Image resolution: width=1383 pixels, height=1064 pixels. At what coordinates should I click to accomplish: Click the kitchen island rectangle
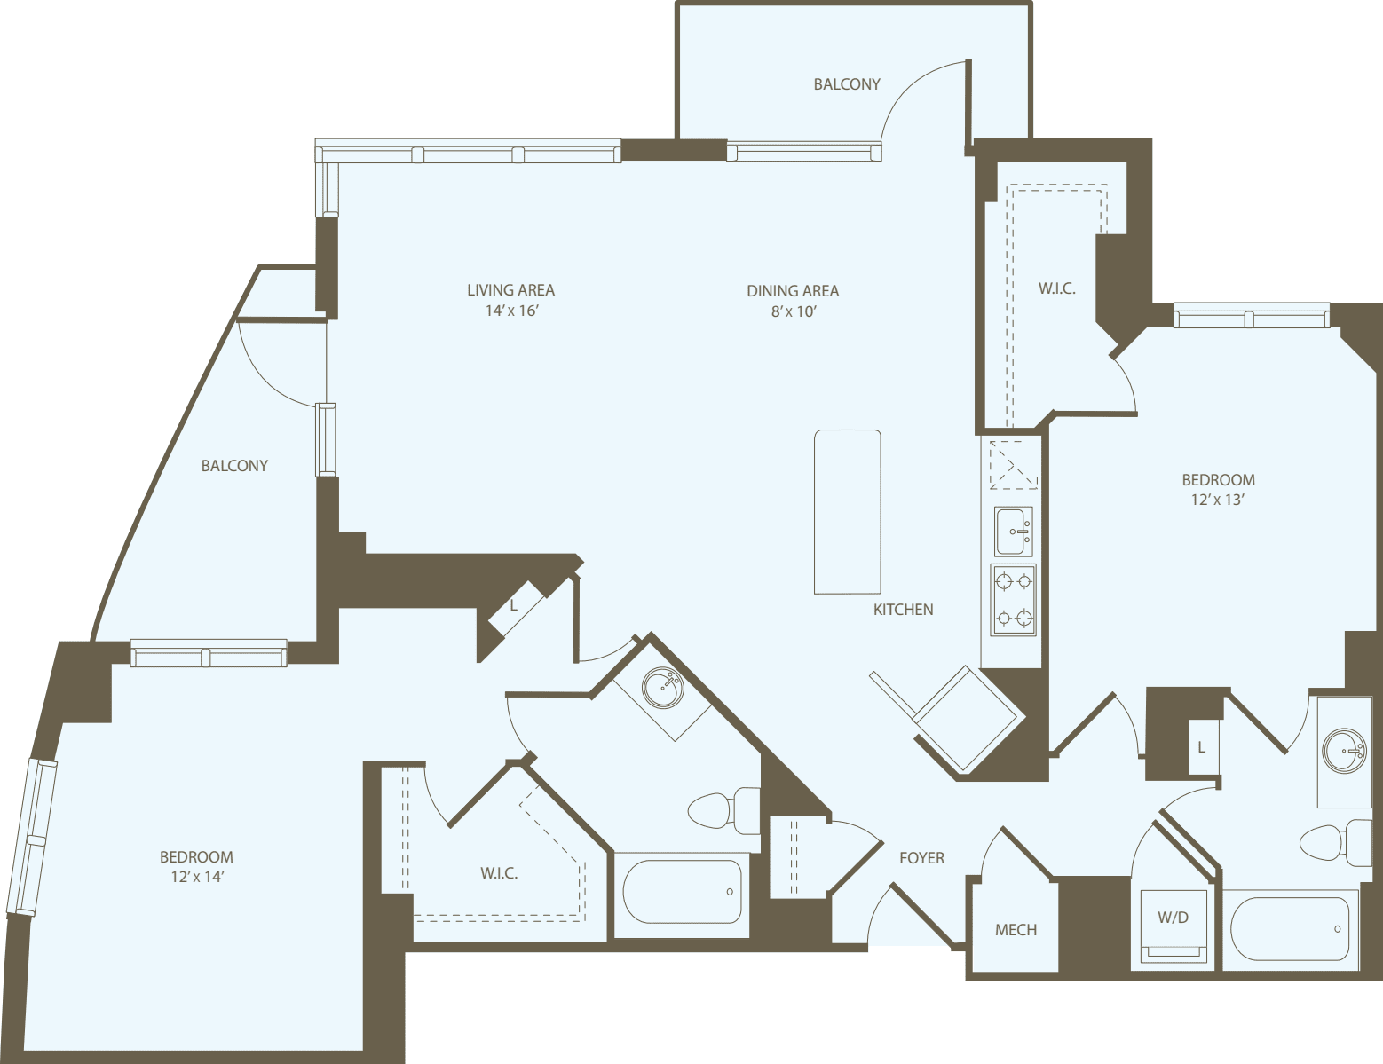(847, 512)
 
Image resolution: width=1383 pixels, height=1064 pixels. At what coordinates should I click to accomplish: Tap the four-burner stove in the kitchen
(1013, 600)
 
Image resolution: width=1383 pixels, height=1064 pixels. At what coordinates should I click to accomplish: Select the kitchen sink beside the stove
(1013, 532)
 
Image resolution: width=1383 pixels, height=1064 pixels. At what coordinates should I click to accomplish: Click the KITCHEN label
(903, 610)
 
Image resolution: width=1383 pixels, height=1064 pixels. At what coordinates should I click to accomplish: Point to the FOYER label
(921, 858)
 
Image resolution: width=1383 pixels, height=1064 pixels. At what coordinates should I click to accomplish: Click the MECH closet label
(1016, 930)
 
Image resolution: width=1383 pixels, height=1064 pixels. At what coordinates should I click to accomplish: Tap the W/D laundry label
(1172, 918)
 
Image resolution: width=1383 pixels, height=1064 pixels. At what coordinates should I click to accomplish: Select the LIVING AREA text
(510, 290)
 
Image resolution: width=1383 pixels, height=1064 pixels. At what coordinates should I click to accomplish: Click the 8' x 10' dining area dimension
(793, 311)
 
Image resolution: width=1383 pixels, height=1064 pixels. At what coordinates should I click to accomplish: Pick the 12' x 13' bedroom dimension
(1217, 500)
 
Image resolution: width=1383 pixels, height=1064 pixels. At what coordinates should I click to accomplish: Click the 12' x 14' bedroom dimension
(196, 877)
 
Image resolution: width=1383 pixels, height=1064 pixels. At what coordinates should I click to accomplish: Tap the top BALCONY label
(846, 84)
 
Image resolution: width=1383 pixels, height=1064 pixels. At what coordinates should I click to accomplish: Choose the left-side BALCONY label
(234, 466)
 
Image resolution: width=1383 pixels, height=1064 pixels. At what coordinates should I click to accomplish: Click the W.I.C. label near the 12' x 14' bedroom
(499, 873)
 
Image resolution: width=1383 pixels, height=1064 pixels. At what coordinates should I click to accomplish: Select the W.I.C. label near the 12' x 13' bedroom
(1056, 288)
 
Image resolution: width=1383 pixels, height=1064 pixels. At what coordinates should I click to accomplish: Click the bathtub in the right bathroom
(1290, 929)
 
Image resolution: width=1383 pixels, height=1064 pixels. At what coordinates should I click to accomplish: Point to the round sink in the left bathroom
(662, 687)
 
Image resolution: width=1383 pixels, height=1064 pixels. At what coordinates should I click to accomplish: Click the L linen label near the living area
(513, 606)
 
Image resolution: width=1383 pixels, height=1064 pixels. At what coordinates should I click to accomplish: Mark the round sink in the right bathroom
(1344, 751)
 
